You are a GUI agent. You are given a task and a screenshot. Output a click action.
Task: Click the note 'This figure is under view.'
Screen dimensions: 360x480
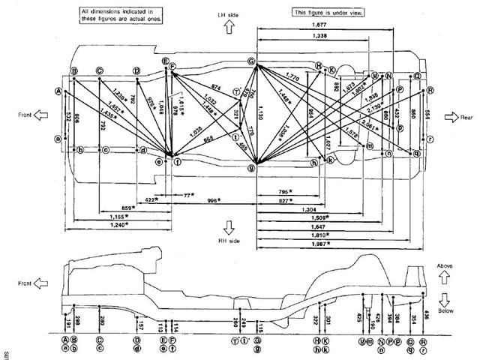point(328,13)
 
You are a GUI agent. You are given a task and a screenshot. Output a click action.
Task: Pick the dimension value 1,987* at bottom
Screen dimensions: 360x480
point(298,244)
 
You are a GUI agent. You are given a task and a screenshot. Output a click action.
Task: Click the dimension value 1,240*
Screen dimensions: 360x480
point(115,223)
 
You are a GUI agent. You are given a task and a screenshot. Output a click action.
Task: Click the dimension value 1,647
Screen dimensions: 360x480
point(298,226)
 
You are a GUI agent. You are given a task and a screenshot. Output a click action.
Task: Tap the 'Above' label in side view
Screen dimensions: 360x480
point(445,266)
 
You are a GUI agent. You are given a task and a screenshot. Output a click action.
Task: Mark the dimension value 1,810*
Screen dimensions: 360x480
point(298,235)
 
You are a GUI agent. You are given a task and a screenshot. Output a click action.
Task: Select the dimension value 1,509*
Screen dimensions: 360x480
point(298,217)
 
